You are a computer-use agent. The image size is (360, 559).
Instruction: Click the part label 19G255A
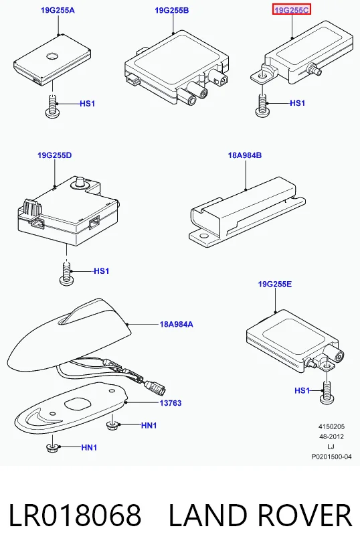(58, 10)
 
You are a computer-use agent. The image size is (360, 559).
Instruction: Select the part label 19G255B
(172, 10)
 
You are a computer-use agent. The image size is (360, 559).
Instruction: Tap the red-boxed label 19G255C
(292, 10)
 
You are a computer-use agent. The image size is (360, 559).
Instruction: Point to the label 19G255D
(54, 155)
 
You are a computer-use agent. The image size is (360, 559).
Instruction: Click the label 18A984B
(245, 155)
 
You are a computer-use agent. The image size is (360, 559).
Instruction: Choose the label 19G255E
(275, 284)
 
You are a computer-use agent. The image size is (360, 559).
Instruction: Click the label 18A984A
(176, 324)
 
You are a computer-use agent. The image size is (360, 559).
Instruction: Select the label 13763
(171, 403)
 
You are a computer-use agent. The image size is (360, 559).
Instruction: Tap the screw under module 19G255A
(52, 106)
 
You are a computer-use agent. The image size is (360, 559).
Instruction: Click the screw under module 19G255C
(262, 106)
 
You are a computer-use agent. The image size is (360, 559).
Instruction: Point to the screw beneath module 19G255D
(66, 273)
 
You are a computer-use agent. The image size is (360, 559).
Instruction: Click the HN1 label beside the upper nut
(149, 425)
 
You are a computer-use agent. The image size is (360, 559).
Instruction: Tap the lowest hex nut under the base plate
(52, 448)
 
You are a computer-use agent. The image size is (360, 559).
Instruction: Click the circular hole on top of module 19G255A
(52, 56)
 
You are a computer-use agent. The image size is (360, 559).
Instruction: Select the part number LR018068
(75, 515)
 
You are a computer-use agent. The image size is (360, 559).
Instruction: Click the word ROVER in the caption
(304, 515)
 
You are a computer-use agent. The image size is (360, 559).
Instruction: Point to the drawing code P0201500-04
(331, 457)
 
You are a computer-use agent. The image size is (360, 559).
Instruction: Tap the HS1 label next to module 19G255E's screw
(302, 390)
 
